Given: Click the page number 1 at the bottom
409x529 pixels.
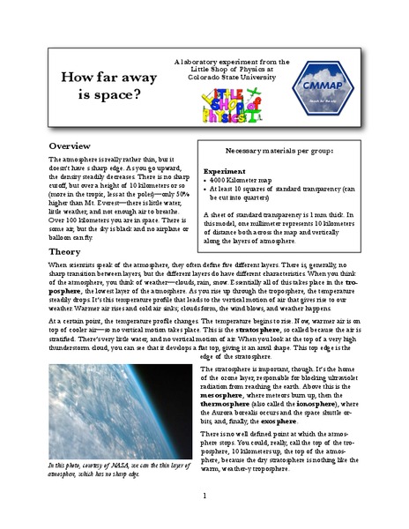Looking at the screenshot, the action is [204, 496].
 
